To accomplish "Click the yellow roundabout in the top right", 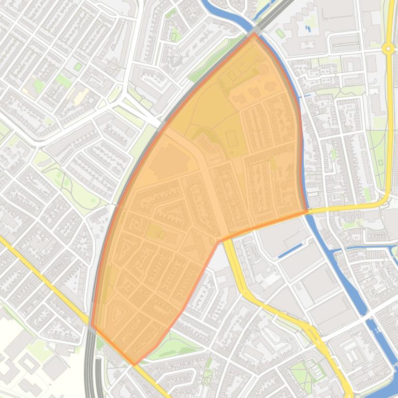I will (x=388, y=49).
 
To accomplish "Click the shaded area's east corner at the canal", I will (x=307, y=211).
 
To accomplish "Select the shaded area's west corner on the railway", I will (x=92, y=326).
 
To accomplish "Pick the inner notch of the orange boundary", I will (x=220, y=241).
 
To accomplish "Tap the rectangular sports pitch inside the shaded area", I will (x=232, y=139).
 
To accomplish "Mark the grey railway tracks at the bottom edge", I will (x=91, y=382).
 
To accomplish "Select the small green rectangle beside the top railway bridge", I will (x=280, y=33).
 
